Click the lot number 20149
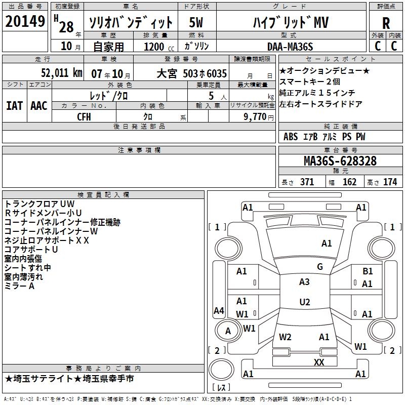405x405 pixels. (x=25, y=22)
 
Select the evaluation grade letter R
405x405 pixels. (x=386, y=23)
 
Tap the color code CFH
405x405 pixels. (x=84, y=116)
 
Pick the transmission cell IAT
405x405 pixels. (x=14, y=106)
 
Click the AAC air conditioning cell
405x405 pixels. (x=39, y=106)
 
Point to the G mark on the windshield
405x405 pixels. (x=319, y=267)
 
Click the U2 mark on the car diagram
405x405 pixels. (x=304, y=302)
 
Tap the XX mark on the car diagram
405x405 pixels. (x=319, y=362)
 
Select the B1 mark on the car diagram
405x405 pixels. (x=368, y=272)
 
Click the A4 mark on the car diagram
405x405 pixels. (x=219, y=311)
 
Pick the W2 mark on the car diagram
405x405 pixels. (x=285, y=337)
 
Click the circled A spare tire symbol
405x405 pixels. (x=228, y=331)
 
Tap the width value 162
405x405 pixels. (x=349, y=182)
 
